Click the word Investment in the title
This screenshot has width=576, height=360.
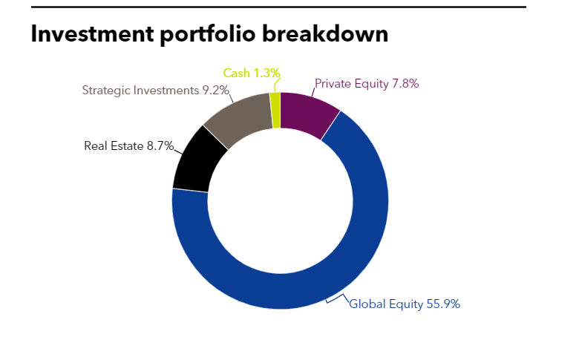[92, 34]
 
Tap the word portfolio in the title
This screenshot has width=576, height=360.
[208, 35]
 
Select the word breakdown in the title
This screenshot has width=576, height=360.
[325, 34]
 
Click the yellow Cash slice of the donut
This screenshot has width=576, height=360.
[275, 110]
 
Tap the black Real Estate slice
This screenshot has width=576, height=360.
[197, 162]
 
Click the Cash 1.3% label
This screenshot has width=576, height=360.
[252, 73]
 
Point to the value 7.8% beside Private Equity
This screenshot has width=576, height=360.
[405, 84]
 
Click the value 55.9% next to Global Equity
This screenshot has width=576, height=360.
[443, 304]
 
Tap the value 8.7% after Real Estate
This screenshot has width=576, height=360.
[160, 145]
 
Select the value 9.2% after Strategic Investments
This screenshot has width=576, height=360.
[216, 91]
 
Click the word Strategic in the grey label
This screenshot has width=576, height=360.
[106, 91]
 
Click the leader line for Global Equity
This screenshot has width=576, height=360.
[338, 298]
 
